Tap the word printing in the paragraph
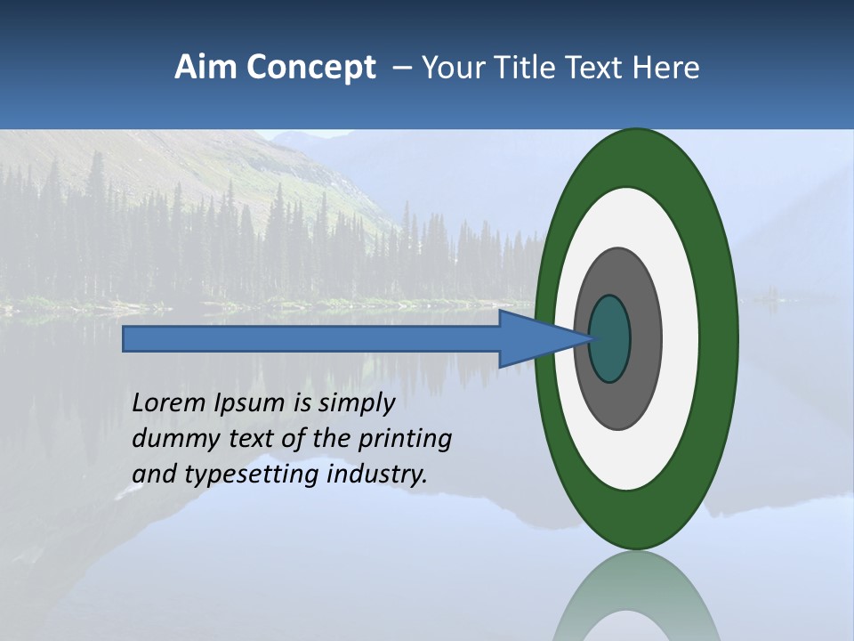(404, 439)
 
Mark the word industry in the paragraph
(377, 475)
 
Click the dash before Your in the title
(401, 68)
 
